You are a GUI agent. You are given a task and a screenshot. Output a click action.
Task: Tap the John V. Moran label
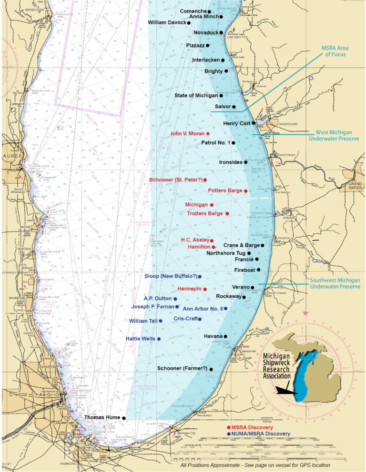187,134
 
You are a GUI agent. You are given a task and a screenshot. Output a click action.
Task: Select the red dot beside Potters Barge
245,191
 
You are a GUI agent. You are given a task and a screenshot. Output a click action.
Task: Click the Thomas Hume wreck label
102,417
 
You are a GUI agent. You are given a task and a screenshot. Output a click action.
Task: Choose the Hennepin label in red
188,289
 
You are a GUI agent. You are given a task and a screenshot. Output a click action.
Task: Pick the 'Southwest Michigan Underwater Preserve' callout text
335,283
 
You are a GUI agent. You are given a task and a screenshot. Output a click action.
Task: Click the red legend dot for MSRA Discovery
229,428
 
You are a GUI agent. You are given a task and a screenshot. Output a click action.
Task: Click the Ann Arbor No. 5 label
203,309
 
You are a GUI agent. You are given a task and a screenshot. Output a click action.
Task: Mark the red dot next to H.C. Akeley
212,241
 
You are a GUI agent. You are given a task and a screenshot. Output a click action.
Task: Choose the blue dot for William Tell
161,321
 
